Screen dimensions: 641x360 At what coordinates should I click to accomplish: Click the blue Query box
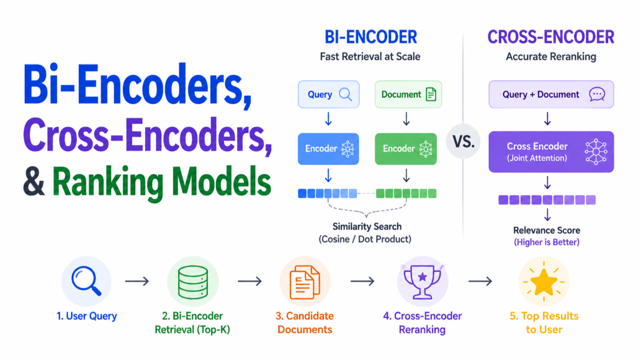(329, 94)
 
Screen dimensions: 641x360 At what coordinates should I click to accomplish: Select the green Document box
(408, 94)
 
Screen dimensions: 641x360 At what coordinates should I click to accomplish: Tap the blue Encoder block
(328, 149)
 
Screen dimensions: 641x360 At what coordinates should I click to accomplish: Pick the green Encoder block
(406, 149)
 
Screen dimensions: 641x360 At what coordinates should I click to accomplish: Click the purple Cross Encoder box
(551, 152)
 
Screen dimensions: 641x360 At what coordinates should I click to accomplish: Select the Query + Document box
(551, 94)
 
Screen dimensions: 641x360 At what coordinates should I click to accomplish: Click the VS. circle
(463, 141)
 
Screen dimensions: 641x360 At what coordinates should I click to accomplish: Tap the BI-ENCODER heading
(371, 37)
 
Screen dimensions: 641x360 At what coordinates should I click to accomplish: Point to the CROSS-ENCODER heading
(551, 37)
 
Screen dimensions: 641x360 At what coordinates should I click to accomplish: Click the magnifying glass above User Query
(86, 281)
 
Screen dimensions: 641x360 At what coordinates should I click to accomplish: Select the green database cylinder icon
(193, 282)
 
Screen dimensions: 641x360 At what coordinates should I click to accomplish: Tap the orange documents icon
(305, 282)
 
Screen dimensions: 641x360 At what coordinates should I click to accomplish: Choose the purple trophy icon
(422, 282)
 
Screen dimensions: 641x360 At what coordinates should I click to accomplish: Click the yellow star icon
(544, 282)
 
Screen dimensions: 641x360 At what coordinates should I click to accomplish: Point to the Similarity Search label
(367, 227)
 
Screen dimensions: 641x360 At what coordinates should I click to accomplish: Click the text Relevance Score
(546, 230)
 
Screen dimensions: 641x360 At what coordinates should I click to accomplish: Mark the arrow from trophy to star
(480, 281)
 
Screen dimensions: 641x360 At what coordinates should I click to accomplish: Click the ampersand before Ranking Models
(34, 181)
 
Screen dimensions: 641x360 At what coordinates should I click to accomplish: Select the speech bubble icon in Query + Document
(597, 95)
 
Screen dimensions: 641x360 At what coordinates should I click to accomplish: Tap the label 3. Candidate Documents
(305, 323)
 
